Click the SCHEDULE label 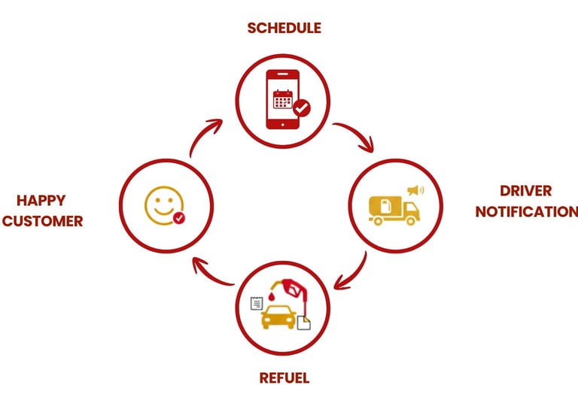(x=284, y=28)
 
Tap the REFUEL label (x=284, y=377)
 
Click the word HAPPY (x=41, y=201)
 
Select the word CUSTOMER (x=42, y=221)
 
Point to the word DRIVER (x=525, y=191)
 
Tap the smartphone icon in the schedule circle (x=283, y=98)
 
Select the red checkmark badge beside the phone (x=302, y=108)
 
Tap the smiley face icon (x=163, y=204)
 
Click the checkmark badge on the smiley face (x=178, y=218)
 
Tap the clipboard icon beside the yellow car (x=256, y=303)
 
